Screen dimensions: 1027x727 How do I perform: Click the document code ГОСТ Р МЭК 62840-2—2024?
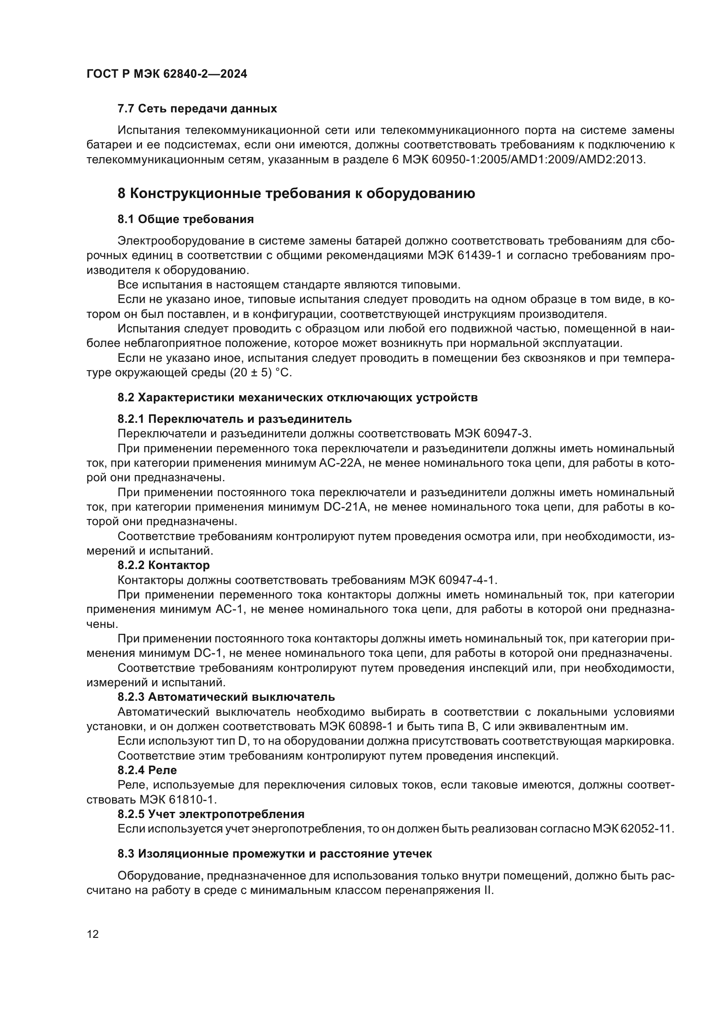[x=167, y=74]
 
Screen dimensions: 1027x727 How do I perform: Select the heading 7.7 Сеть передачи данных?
[x=197, y=109]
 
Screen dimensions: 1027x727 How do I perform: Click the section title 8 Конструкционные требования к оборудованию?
[x=296, y=194]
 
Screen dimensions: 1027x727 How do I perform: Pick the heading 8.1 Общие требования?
[x=185, y=219]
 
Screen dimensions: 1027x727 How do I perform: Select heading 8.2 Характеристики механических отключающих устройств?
[x=297, y=398]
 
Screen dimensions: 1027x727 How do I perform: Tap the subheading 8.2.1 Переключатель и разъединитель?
[x=235, y=419]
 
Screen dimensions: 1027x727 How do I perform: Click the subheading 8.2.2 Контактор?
[x=164, y=566]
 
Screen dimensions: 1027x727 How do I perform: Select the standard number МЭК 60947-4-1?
[x=453, y=580]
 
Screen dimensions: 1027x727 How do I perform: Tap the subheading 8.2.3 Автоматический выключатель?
[x=226, y=697]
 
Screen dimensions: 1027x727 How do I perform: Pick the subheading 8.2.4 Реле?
[x=147, y=770]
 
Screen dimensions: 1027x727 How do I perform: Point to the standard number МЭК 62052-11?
[x=633, y=829]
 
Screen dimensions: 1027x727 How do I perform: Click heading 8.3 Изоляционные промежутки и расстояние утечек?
[x=274, y=854]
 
